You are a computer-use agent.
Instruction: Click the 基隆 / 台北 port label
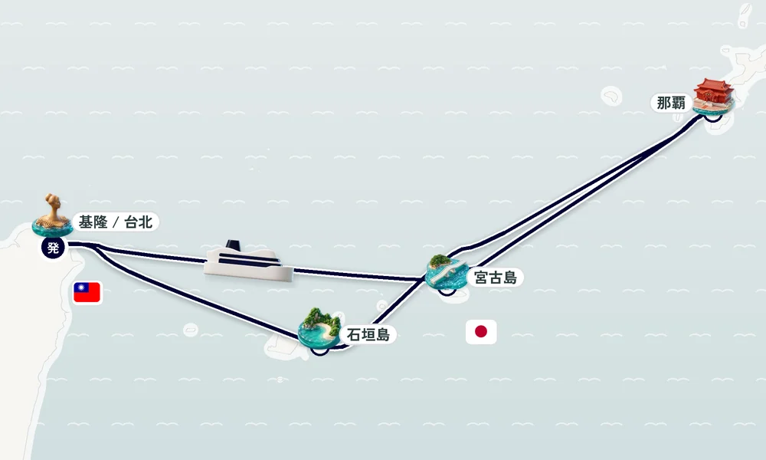point(116,222)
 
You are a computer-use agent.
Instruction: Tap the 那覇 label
point(671,103)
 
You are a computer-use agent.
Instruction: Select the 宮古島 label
point(496,278)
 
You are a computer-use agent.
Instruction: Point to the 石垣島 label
point(368,335)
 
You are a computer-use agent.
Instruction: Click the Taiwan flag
point(87,292)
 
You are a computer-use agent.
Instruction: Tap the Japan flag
point(481,332)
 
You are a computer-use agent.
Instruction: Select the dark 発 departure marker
point(53,248)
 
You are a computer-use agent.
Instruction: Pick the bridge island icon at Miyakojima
point(446,272)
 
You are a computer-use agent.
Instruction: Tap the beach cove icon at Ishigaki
point(319,328)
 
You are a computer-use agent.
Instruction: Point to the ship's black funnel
point(234,245)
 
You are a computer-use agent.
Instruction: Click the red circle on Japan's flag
point(481,332)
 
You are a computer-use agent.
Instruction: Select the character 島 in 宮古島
point(510,278)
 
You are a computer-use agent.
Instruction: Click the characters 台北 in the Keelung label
point(139,222)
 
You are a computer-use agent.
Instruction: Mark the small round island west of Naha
point(611,96)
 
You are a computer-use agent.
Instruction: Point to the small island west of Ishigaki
point(191,330)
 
